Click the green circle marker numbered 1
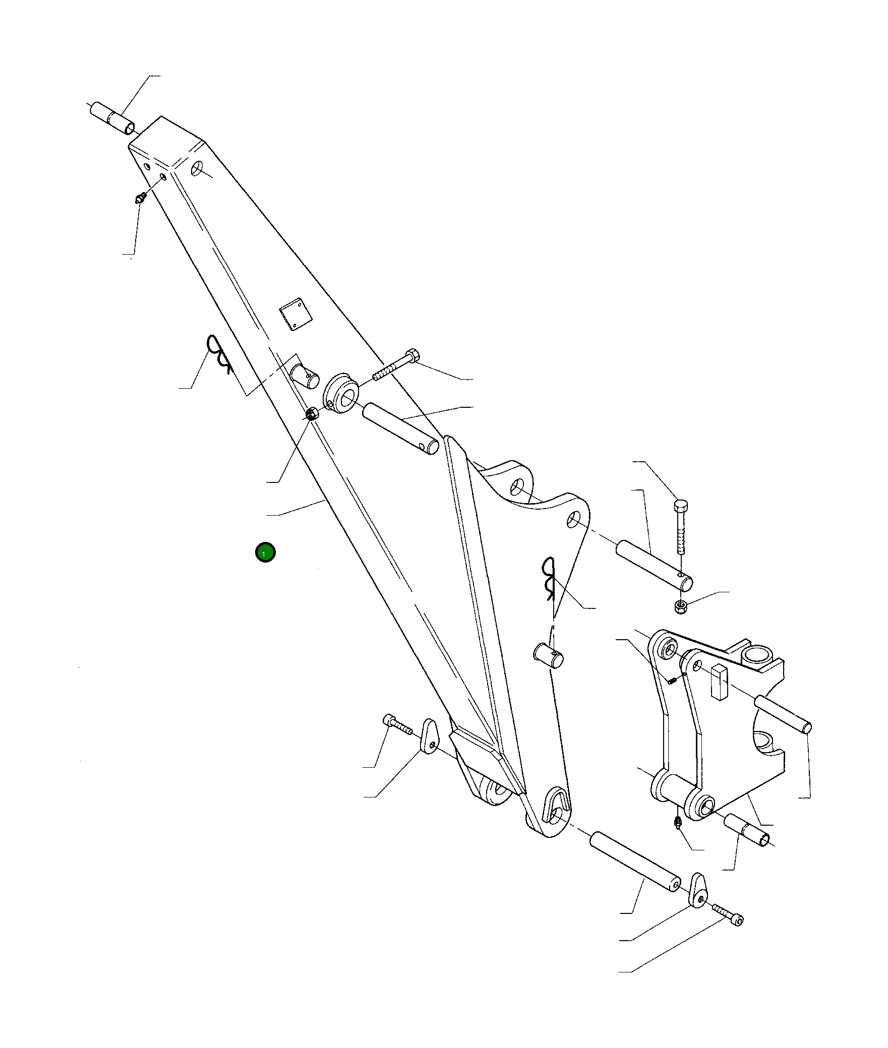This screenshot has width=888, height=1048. click(x=265, y=552)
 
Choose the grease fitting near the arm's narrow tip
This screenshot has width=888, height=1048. click(x=141, y=198)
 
